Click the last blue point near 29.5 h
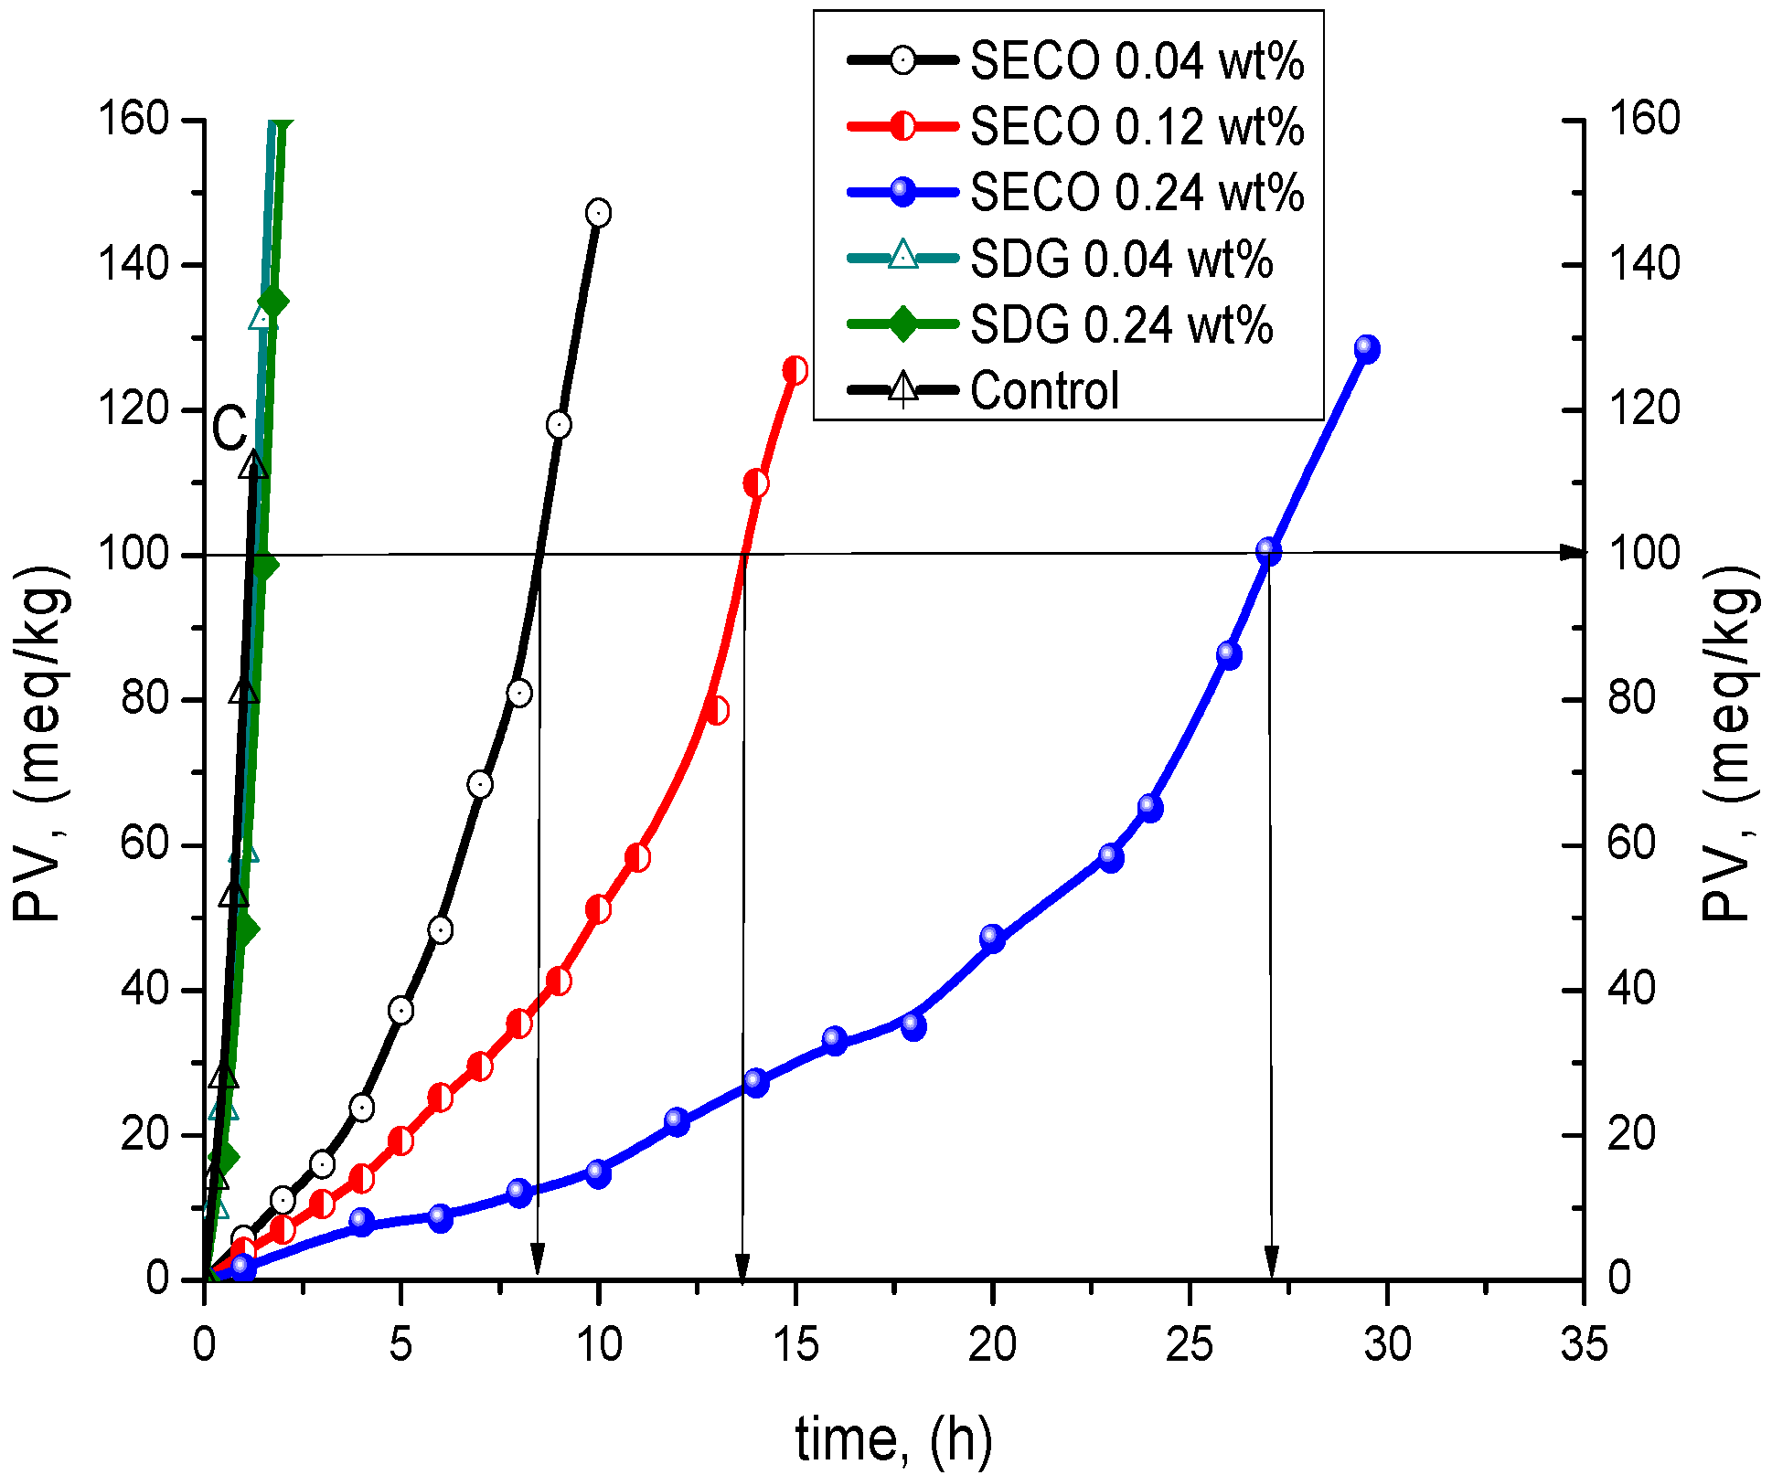coord(1367,348)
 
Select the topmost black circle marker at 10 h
coord(598,213)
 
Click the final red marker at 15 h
coord(795,370)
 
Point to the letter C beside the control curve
coord(229,428)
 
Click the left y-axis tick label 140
coord(133,265)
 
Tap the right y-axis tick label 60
coord(1631,843)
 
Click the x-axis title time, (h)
coord(893,1440)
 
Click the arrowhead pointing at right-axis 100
coord(1573,553)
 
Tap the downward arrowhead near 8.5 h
coord(538,1259)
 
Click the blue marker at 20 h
coord(992,938)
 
